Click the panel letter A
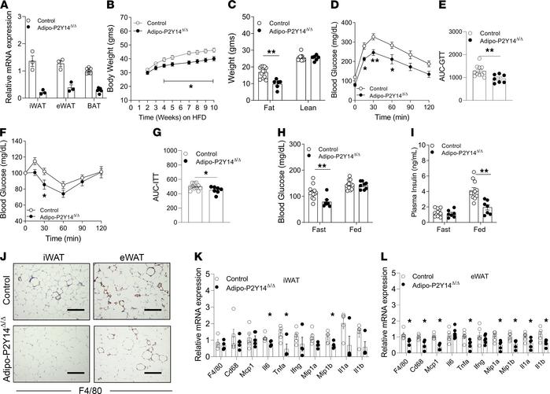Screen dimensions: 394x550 point(6,7)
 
